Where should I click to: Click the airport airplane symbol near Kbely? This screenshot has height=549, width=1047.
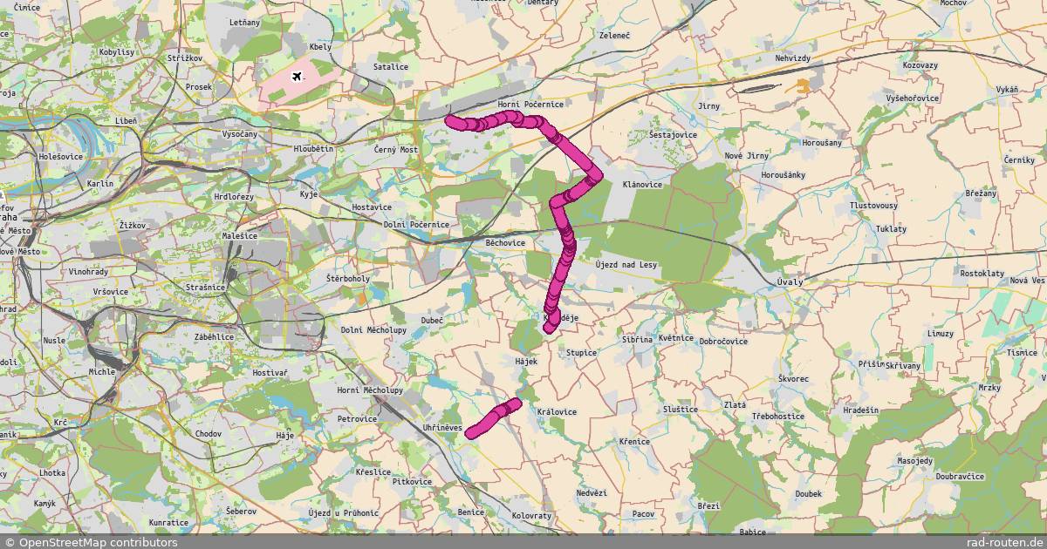click(297, 77)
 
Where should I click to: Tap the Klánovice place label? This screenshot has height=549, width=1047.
click(643, 185)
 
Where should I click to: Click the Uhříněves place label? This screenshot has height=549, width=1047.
click(443, 426)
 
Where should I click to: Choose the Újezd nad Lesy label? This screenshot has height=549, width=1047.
click(626, 264)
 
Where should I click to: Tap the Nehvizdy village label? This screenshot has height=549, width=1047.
click(793, 58)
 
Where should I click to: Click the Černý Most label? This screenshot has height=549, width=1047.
click(397, 150)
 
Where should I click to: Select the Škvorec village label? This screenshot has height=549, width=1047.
click(793, 379)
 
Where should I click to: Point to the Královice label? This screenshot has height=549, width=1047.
click(557, 411)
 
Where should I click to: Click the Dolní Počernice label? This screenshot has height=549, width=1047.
click(417, 225)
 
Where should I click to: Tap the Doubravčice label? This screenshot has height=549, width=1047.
click(960, 477)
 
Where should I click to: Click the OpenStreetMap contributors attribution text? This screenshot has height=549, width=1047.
click(91, 542)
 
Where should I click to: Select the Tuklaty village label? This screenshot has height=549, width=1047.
click(891, 228)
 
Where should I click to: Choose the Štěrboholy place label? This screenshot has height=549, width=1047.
click(348, 278)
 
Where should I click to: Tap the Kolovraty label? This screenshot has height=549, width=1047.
click(531, 516)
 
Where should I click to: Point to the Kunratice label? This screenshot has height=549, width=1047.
click(168, 523)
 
